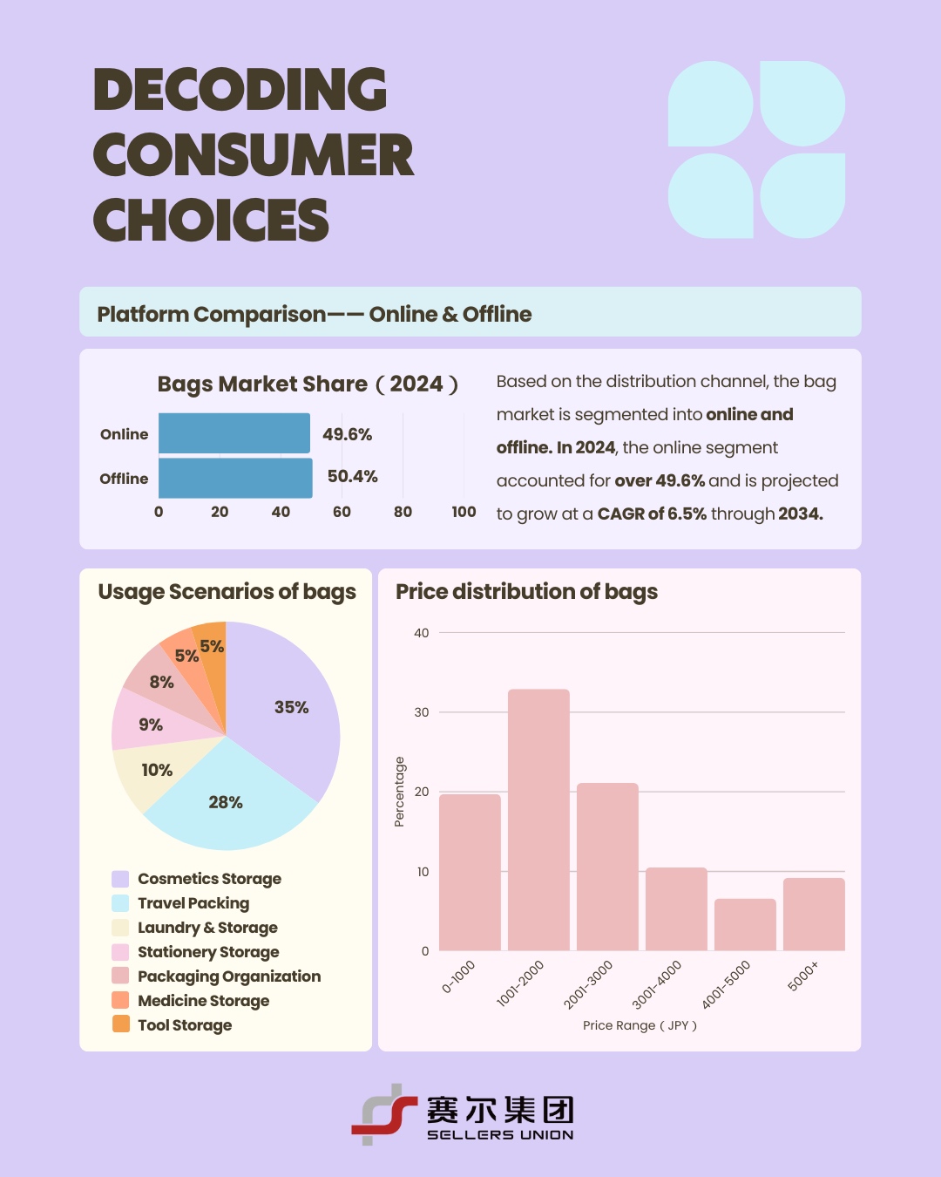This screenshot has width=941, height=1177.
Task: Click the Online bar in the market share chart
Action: tap(234, 433)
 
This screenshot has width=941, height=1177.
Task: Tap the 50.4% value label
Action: tap(352, 476)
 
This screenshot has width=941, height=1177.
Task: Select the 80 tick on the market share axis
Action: tap(403, 512)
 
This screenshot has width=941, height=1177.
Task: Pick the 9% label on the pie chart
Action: tap(151, 725)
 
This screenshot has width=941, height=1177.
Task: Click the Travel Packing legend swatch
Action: tap(120, 903)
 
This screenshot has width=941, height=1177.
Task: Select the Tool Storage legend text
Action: tap(185, 1025)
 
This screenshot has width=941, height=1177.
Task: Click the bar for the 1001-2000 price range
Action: tap(538, 820)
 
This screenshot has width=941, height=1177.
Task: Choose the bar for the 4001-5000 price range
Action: tap(745, 925)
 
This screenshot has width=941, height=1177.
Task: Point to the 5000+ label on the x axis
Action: tap(803, 976)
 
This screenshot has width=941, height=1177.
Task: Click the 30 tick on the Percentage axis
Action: tap(422, 712)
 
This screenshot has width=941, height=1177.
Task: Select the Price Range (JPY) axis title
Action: tap(640, 1025)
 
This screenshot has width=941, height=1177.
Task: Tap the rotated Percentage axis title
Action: tap(399, 792)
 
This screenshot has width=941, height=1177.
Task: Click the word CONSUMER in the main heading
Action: tap(254, 155)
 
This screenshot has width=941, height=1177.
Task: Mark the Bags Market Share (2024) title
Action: tap(308, 384)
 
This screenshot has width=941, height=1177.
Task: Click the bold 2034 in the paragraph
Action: tap(801, 514)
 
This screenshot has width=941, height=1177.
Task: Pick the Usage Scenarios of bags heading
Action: tap(227, 592)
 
